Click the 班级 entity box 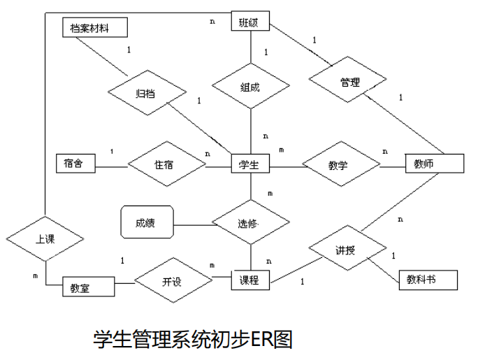(249, 22)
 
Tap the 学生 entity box (249, 165)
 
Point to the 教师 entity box (434, 164)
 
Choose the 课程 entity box (249, 280)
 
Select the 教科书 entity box (428, 280)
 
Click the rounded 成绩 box (147, 224)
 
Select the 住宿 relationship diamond (166, 166)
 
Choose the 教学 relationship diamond (340, 166)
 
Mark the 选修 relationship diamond (249, 224)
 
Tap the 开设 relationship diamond (173, 281)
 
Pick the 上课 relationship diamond (45, 238)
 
